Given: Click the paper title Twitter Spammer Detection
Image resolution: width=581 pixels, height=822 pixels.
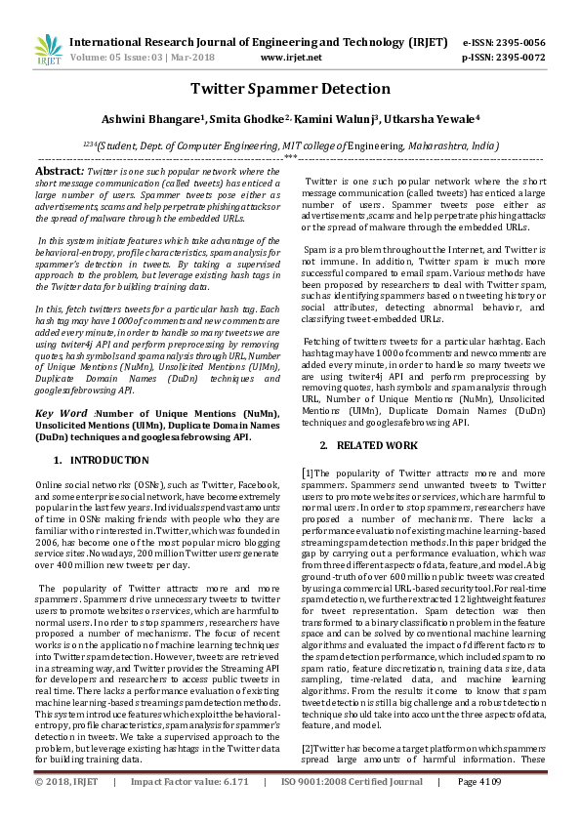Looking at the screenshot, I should pos(290,89).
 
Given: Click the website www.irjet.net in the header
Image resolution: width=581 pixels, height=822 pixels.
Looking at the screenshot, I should pos(291,58).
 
